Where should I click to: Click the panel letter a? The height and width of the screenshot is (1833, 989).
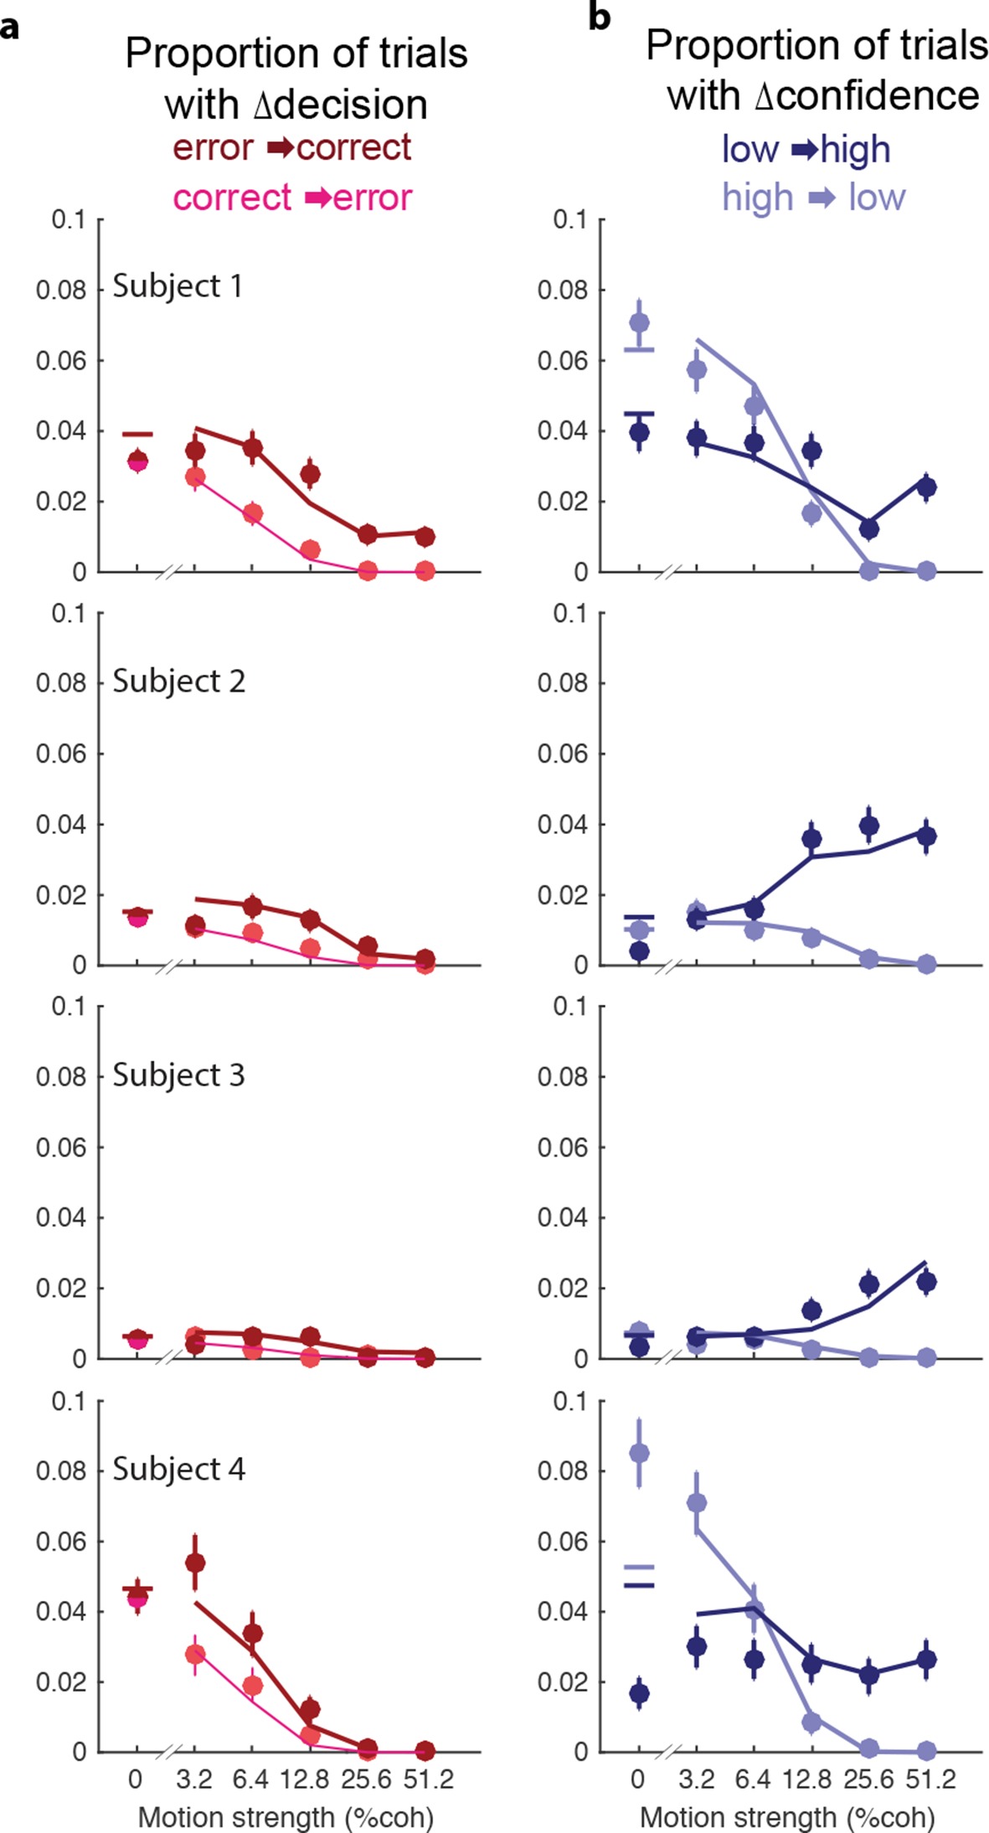(10, 28)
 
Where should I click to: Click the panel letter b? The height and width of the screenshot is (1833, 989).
(599, 17)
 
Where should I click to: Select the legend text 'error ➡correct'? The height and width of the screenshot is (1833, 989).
(292, 148)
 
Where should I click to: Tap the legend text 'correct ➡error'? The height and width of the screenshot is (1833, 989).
(292, 198)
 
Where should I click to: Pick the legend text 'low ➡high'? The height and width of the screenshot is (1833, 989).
(806, 151)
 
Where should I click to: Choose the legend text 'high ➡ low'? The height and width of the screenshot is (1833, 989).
(814, 198)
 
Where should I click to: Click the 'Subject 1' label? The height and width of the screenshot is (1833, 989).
(178, 286)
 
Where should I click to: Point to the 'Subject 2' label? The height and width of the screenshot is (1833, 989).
(178, 682)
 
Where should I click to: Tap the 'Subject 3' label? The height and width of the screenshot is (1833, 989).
(178, 1075)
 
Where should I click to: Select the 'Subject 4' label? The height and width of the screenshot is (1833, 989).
(178, 1469)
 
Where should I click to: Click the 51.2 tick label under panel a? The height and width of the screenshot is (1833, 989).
(428, 1779)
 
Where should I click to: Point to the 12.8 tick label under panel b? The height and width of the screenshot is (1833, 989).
(808, 1779)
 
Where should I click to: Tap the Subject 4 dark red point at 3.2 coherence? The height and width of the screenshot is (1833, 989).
(195, 1563)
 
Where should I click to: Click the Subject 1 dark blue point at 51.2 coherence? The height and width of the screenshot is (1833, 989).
(926, 487)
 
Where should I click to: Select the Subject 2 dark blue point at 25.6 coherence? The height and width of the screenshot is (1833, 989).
(869, 826)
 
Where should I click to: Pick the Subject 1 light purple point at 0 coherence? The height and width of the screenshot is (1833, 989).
(639, 322)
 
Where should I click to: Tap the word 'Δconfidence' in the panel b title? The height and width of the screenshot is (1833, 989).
(866, 96)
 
